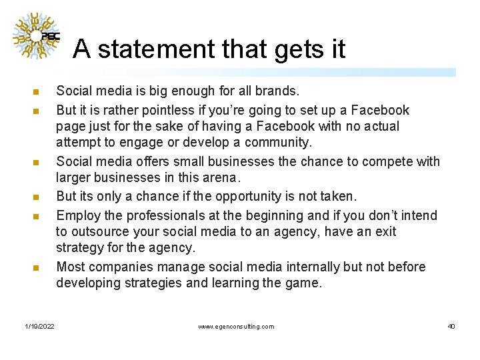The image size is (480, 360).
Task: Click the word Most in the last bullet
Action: (71, 267)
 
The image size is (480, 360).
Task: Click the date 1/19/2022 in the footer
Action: (40, 327)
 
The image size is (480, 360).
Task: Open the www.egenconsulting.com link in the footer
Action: (236, 327)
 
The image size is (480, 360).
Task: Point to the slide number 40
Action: (451, 327)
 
